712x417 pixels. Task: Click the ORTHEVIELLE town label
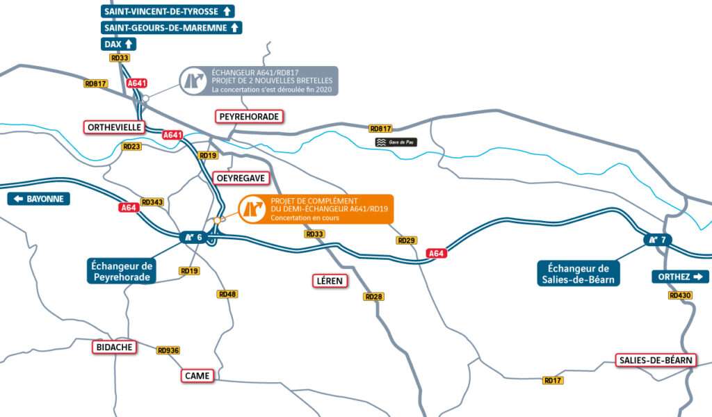[115, 127]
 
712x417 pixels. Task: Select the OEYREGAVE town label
[240, 178]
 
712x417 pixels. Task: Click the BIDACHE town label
[115, 347]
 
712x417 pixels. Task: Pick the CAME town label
[197, 376]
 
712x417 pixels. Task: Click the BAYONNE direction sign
[39, 199]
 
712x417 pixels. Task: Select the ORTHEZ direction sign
[680, 277]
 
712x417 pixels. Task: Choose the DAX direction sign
[118, 44]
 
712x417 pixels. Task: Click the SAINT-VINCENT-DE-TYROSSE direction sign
[168, 11]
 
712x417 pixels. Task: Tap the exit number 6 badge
[194, 238]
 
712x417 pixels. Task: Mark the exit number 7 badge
[657, 240]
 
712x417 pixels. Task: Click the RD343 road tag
[152, 202]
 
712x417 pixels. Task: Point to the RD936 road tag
[168, 350]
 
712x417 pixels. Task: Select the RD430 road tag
[680, 295]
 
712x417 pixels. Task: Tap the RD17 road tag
[553, 380]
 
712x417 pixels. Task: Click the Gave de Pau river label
[396, 142]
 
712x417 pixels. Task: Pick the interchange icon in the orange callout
[252, 208]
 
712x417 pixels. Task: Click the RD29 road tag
[407, 240]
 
